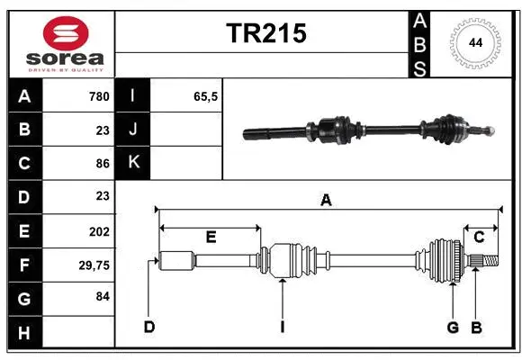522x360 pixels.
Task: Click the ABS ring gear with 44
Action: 472,42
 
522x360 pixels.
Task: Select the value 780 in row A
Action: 98,96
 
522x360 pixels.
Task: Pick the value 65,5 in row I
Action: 206,96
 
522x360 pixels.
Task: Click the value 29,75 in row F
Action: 94,265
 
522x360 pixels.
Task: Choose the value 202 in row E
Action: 99,231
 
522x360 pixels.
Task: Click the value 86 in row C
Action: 102,164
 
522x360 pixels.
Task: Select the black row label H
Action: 24,332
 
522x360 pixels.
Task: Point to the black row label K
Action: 133,163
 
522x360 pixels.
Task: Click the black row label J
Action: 133,130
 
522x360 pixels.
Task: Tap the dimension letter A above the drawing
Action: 326,201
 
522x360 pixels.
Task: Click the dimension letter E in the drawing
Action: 211,237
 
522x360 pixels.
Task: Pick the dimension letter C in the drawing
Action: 479,237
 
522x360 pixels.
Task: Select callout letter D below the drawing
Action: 148,327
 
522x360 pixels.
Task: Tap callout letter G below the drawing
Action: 453,327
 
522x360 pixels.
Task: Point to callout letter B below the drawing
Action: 476,327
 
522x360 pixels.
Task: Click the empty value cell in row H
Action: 78,332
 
